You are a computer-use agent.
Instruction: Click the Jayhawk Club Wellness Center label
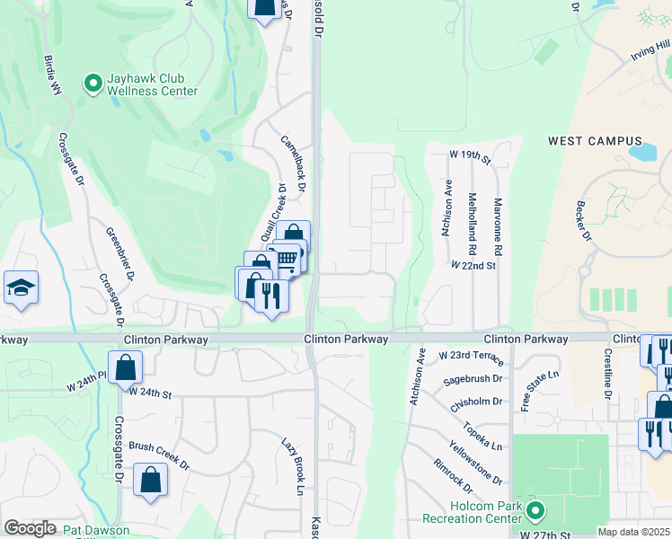(152, 84)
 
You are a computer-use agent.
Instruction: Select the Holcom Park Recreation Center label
(473, 513)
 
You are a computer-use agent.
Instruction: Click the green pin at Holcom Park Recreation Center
(535, 512)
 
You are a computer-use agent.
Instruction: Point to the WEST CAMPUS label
(596, 141)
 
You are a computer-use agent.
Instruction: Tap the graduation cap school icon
(21, 287)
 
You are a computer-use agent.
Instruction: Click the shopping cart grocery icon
(287, 259)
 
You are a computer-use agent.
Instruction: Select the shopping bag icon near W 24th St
(126, 367)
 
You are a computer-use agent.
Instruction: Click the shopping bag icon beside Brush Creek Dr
(150, 479)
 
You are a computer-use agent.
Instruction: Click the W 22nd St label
(473, 266)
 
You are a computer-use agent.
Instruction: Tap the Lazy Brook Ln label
(295, 465)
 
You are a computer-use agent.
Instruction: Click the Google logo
(30, 528)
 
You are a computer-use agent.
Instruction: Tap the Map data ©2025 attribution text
(633, 532)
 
